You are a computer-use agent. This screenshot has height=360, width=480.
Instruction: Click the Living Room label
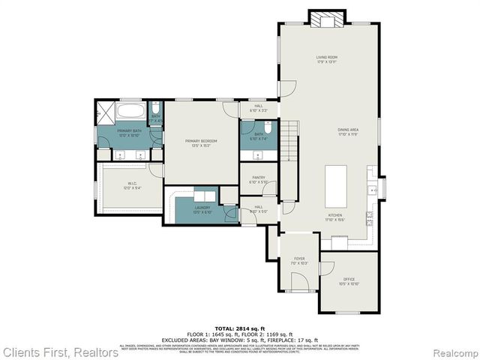(x=326, y=58)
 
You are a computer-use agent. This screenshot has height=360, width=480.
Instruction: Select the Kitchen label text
(x=334, y=217)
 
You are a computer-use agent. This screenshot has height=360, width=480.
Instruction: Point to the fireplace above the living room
(x=327, y=18)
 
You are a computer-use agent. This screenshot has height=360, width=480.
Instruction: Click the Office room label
(x=349, y=281)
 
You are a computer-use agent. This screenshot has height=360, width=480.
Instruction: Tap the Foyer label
(x=299, y=260)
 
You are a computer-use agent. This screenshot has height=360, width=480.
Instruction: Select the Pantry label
(x=258, y=179)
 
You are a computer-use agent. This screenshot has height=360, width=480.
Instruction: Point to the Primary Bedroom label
(x=202, y=142)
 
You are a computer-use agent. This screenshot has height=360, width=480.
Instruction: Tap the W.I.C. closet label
(x=132, y=185)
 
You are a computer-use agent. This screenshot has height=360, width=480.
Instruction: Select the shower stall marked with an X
(x=106, y=112)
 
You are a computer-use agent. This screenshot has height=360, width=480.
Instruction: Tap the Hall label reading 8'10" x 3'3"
(x=259, y=109)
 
